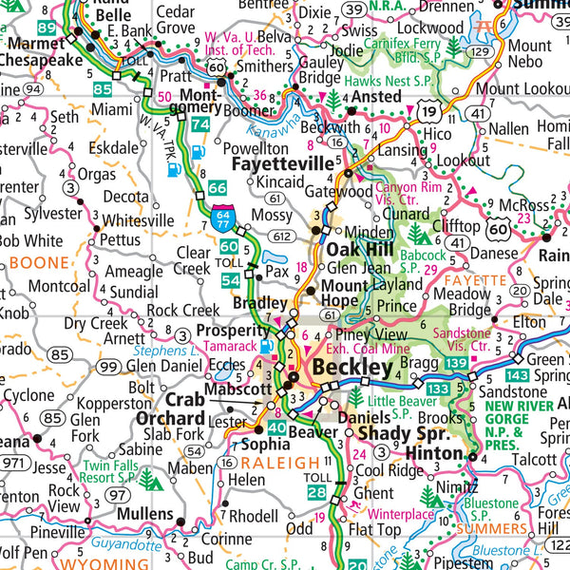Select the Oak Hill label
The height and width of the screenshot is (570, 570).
pyautogui.click(x=361, y=249)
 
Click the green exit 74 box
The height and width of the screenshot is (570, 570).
pyautogui.click(x=200, y=124)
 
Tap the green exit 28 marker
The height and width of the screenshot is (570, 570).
pyautogui.click(x=315, y=492)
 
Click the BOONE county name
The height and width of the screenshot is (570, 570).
pyautogui.click(x=40, y=262)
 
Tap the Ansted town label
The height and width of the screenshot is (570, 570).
pyautogui.click(x=378, y=98)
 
